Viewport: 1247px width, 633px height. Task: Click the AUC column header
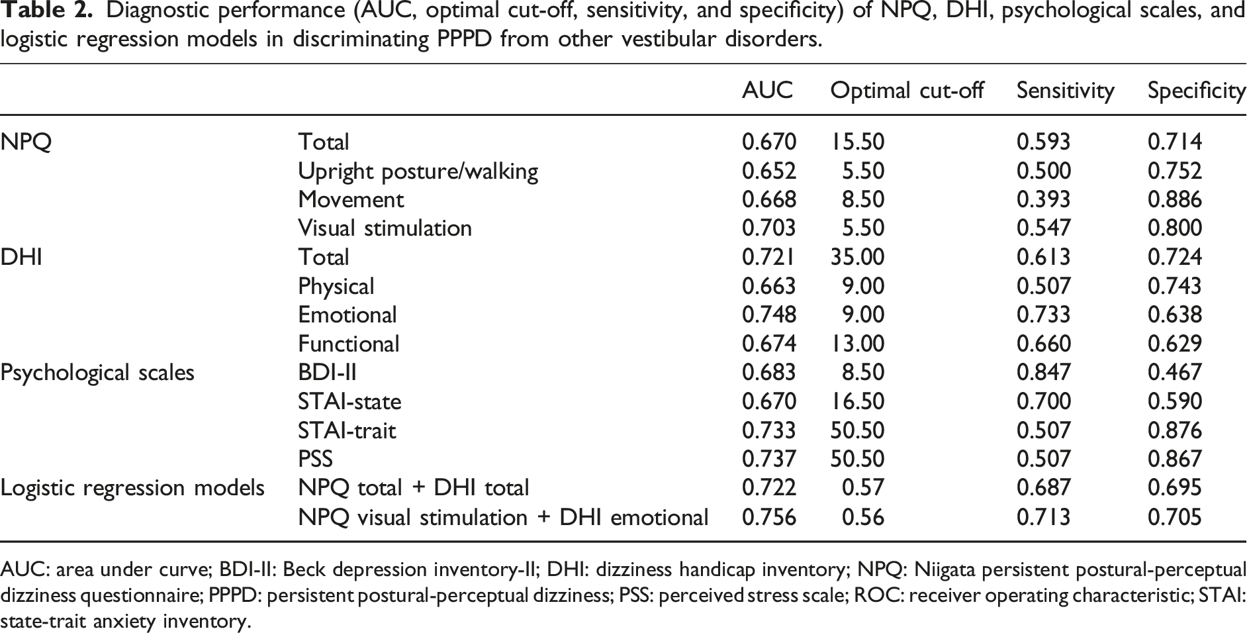(767, 90)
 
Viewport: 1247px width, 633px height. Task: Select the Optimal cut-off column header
(907, 90)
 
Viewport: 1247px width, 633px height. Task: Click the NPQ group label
(26, 142)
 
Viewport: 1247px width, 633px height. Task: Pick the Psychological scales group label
(97, 373)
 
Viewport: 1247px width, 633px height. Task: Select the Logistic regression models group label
(132, 488)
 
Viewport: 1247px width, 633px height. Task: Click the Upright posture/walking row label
(418, 171)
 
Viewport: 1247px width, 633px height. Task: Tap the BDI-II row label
(327, 372)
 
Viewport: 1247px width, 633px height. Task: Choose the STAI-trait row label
(347, 430)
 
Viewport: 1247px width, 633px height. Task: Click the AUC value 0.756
(769, 516)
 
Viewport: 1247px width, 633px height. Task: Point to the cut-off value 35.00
(857, 257)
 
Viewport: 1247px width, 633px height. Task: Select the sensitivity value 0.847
(1043, 372)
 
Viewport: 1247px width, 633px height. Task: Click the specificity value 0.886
(1175, 199)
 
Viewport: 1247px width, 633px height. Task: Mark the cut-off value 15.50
(857, 142)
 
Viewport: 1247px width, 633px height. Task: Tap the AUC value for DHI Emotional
(769, 315)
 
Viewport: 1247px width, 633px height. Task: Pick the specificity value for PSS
(1175, 459)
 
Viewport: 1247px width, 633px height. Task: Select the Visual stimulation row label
(385, 228)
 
